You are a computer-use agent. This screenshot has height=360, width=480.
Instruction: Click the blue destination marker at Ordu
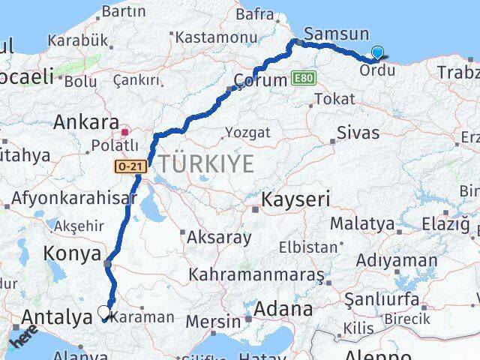click(x=377, y=52)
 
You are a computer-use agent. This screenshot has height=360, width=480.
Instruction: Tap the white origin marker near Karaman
click(x=104, y=312)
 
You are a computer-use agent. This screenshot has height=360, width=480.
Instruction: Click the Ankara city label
click(x=86, y=121)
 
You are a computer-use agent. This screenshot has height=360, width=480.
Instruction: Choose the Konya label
click(x=72, y=253)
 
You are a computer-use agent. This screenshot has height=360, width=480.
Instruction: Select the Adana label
click(x=283, y=309)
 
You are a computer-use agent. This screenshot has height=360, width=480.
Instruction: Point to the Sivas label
click(x=358, y=133)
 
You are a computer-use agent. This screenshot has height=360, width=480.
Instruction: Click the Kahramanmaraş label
click(x=257, y=274)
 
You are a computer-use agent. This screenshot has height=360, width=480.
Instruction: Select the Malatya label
click(x=362, y=223)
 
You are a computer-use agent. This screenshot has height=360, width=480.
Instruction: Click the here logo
click(x=22, y=338)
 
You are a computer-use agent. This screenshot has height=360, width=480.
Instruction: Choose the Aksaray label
click(x=220, y=238)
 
